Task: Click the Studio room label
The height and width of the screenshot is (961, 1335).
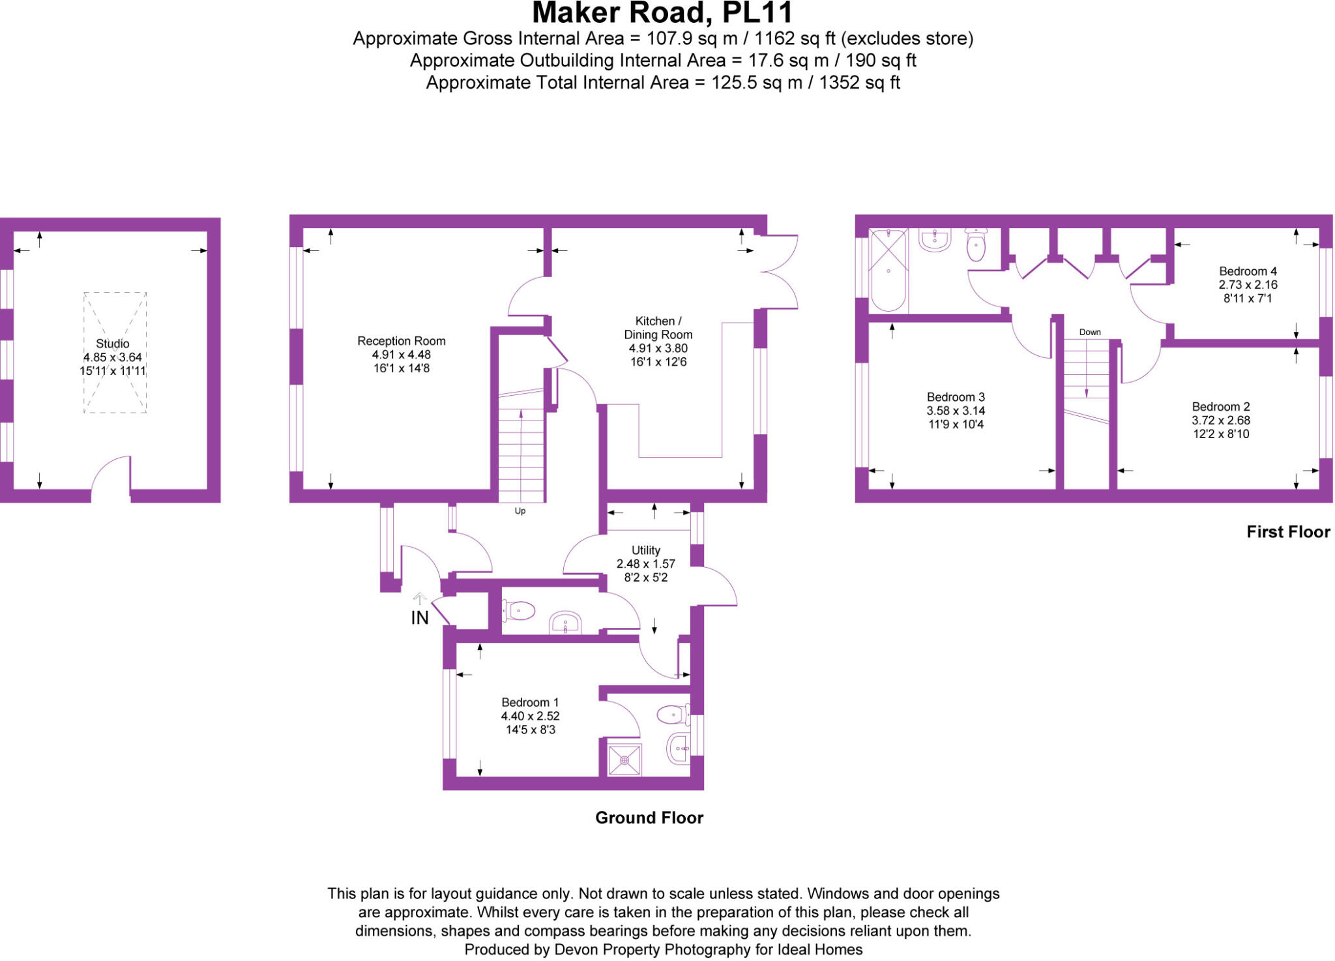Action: tap(113, 344)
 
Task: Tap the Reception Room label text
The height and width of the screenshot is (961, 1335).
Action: tap(401, 341)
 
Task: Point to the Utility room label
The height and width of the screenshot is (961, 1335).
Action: tap(645, 550)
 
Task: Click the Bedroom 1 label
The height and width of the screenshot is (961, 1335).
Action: tap(530, 702)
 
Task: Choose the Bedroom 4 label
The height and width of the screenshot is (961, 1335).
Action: tap(1248, 271)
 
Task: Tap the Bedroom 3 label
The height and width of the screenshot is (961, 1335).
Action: tap(956, 397)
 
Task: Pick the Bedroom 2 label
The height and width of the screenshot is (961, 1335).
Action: tap(1221, 407)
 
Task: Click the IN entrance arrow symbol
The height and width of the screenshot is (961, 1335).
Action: tap(420, 598)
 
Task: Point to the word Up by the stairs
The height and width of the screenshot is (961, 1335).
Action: tap(520, 511)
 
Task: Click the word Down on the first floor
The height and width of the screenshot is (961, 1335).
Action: tap(1090, 332)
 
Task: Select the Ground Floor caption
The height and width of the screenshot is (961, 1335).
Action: tap(649, 818)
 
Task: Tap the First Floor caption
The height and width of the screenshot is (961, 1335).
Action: tap(1288, 532)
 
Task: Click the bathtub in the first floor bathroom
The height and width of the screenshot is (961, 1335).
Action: tap(888, 270)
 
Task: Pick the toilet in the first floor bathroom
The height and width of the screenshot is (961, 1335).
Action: tap(976, 245)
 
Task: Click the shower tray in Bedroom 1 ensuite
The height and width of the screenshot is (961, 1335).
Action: tap(624, 760)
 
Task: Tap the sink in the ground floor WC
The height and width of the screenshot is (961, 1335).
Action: tap(565, 623)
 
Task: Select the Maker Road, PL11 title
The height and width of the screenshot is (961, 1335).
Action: tap(662, 13)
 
